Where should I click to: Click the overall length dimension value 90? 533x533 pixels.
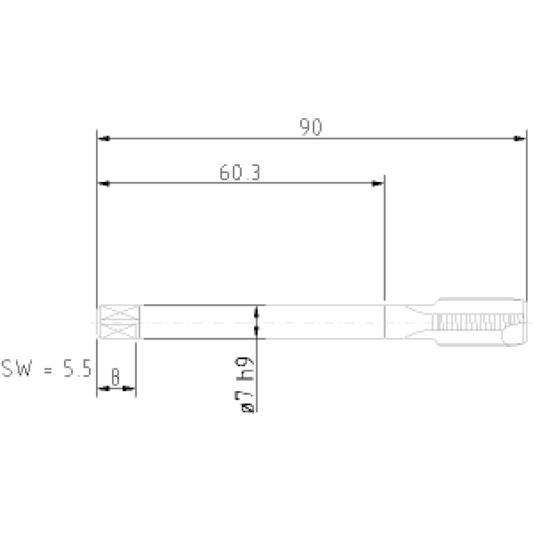[311, 127]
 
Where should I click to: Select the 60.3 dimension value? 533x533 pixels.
[240, 172]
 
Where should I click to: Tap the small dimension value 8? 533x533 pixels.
[115, 377]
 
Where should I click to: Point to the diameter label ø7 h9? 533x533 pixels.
[247, 384]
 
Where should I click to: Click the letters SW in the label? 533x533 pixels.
[17, 368]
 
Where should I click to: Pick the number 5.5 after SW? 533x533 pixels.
[77, 368]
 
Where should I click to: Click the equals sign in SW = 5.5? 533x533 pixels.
[48, 370]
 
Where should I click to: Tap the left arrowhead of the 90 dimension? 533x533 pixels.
[104, 138]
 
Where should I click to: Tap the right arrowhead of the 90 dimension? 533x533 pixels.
[520, 138]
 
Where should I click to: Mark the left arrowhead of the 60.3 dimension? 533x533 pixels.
[104, 183]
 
